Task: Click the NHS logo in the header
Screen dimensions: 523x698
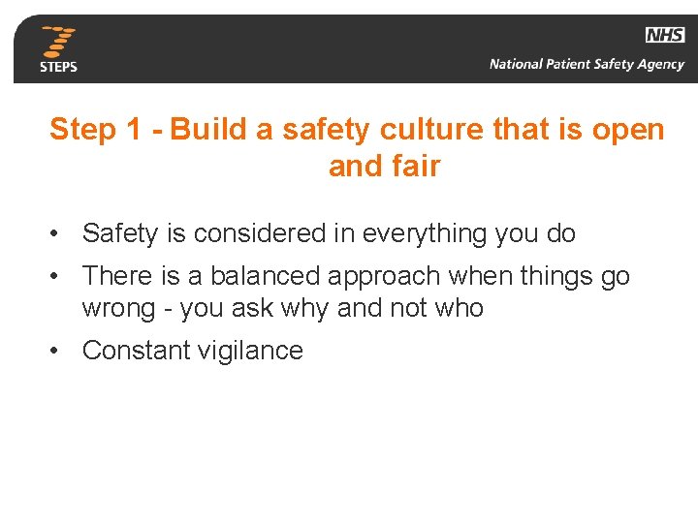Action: (665, 35)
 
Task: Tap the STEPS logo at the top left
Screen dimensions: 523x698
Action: (58, 49)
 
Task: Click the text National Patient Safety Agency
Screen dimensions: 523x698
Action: (587, 65)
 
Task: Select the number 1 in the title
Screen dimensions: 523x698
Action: (134, 130)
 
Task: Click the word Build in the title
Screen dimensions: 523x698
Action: (208, 130)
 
